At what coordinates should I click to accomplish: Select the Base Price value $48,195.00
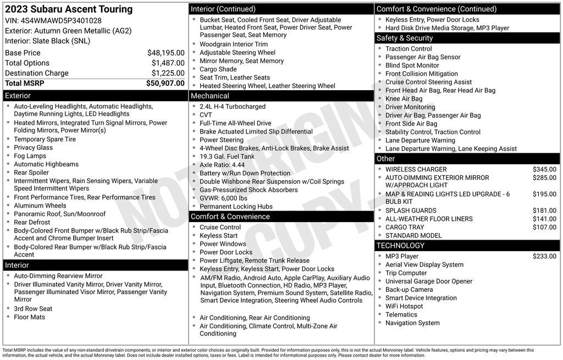tap(165, 53)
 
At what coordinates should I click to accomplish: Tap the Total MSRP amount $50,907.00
tap(165, 84)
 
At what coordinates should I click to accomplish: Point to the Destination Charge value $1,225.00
tap(168, 73)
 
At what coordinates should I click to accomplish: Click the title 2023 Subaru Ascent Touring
tap(69, 9)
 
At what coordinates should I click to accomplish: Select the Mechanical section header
tap(209, 96)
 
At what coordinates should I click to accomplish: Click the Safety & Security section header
tap(405, 38)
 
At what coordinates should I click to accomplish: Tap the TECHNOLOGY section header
tap(400, 246)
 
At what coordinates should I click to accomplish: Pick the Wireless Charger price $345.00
tap(544, 169)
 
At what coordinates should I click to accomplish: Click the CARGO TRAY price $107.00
tap(544, 227)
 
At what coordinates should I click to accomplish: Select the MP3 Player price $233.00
tap(544, 256)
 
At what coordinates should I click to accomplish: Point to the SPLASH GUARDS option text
tap(411, 211)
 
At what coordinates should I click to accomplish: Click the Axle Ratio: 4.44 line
tap(222, 165)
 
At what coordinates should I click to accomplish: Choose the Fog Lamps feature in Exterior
tap(30, 156)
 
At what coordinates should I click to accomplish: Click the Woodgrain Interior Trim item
tap(234, 45)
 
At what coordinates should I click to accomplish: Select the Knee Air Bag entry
tap(404, 99)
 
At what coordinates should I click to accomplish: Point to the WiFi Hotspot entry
tap(404, 306)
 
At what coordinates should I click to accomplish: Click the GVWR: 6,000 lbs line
tap(223, 198)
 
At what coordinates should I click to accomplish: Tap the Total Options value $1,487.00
tap(168, 63)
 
